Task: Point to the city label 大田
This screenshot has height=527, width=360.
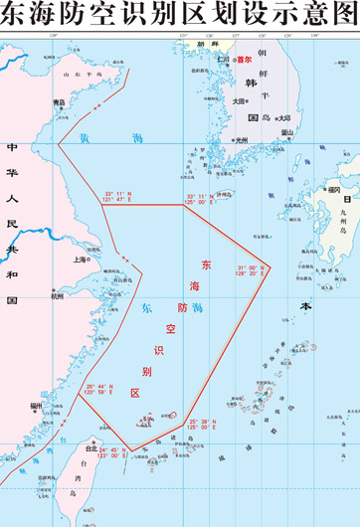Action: (x=240, y=100)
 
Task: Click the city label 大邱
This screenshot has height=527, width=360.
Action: (x=283, y=117)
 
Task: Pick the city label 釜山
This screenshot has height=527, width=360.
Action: (x=287, y=131)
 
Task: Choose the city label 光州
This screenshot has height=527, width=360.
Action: (x=240, y=140)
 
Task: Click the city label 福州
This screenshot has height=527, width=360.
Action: (x=36, y=405)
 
